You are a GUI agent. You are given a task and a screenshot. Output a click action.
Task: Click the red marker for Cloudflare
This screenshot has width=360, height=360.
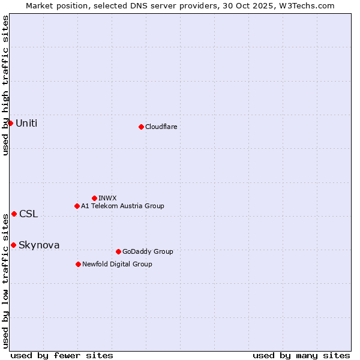pos(141,127)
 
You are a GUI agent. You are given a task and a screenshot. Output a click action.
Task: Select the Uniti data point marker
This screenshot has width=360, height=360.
pos(10,123)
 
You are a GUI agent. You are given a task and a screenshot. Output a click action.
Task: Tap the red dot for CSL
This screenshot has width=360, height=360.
pos(14,214)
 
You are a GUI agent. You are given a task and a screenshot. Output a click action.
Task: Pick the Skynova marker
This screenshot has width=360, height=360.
pos(13,245)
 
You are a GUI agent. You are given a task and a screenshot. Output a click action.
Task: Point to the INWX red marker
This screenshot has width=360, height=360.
pos(94,198)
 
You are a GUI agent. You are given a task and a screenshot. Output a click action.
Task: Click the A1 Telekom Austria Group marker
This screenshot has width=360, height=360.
pos(77,206)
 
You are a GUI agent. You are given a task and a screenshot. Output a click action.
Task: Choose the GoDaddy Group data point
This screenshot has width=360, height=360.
pos(118,251)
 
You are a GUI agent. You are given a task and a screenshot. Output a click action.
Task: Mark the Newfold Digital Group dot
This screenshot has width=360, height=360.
pos(78,264)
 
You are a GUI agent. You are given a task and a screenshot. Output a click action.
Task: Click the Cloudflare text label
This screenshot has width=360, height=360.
pos(161,127)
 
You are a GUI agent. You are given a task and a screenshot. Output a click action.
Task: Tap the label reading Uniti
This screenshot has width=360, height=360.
pos(26,123)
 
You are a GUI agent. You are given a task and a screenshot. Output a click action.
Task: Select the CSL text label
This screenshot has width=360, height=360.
pos(28,214)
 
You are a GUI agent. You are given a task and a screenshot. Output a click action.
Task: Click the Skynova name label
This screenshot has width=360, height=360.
pos(39,245)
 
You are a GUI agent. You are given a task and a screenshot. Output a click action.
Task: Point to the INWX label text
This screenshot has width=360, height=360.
pos(107,198)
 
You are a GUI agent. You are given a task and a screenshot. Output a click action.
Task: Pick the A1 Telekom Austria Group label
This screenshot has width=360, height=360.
pos(122,206)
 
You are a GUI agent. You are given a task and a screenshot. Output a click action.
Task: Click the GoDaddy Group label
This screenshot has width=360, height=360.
pos(147,251)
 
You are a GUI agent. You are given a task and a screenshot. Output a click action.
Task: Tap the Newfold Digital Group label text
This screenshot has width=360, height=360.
pos(117,264)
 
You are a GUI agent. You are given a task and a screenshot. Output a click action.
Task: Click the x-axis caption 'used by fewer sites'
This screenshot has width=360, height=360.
pos(62,355)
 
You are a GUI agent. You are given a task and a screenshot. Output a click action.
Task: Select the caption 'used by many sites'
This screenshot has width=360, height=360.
pos(301,355)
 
